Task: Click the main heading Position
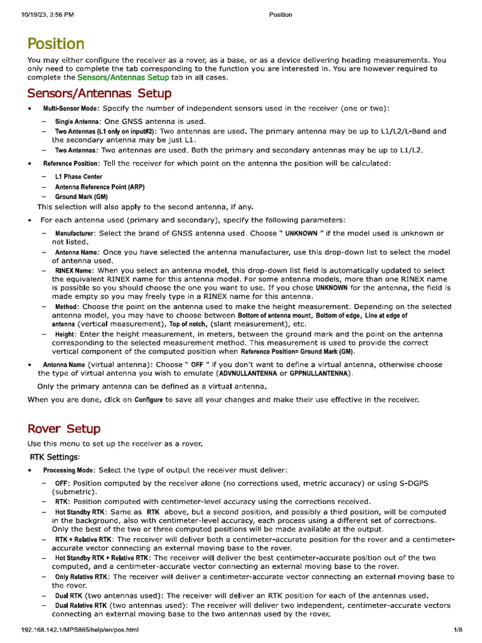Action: click(56, 44)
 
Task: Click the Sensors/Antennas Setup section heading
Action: click(99, 94)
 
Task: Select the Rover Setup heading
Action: click(63, 429)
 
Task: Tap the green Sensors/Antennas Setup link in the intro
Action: click(123, 77)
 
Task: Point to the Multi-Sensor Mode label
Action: click(67, 109)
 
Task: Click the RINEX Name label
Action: click(73, 271)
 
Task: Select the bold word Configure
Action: click(149, 399)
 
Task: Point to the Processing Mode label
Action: click(69, 470)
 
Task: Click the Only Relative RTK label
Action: click(82, 576)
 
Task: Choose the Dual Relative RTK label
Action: click(81, 605)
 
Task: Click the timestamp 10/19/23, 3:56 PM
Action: click(43, 15)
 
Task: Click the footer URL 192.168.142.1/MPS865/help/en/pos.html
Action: click(79, 629)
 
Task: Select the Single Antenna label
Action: click(78, 121)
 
